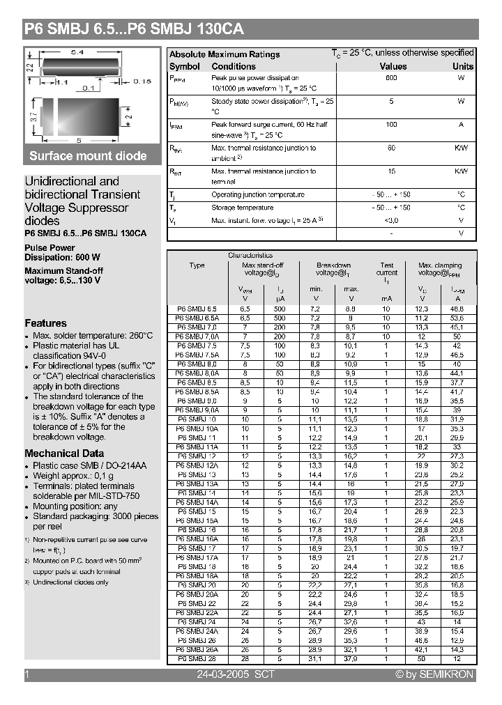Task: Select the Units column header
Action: pyautogui.click(x=462, y=67)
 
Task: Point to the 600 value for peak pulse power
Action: pyautogui.click(x=391, y=78)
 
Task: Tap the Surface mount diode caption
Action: pyautogui.click(x=88, y=156)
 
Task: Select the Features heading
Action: pyautogui.click(x=45, y=323)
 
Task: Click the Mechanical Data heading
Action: pyautogui.click(x=64, y=453)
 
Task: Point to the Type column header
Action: pyautogui.click(x=197, y=265)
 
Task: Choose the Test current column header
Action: pyautogui.click(x=387, y=269)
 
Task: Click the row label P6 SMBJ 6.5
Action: pyautogui.click(x=197, y=309)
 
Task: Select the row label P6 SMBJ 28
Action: pyautogui.click(x=197, y=658)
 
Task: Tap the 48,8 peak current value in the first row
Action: pyautogui.click(x=457, y=309)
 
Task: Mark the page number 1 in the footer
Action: pyautogui.click(x=27, y=674)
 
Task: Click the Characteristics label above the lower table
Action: pyautogui.click(x=250, y=256)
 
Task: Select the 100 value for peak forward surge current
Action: pyautogui.click(x=391, y=124)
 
